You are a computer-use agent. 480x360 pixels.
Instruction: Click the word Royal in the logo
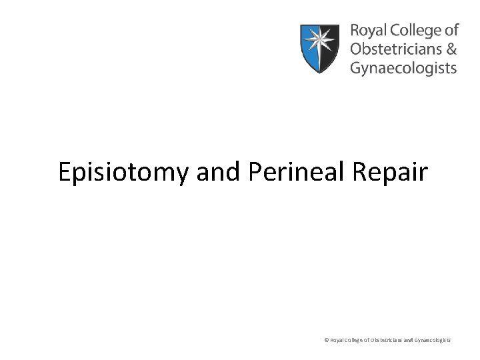[366, 31]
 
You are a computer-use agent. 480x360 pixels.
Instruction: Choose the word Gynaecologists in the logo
[403, 67]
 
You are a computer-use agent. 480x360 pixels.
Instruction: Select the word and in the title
[219, 172]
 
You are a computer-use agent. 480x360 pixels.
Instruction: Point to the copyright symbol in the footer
[326, 340]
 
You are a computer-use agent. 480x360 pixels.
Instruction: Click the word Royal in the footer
[337, 340]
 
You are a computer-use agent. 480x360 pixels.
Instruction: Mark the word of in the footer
[370, 340]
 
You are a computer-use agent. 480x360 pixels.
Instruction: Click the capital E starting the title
[65, 172]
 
